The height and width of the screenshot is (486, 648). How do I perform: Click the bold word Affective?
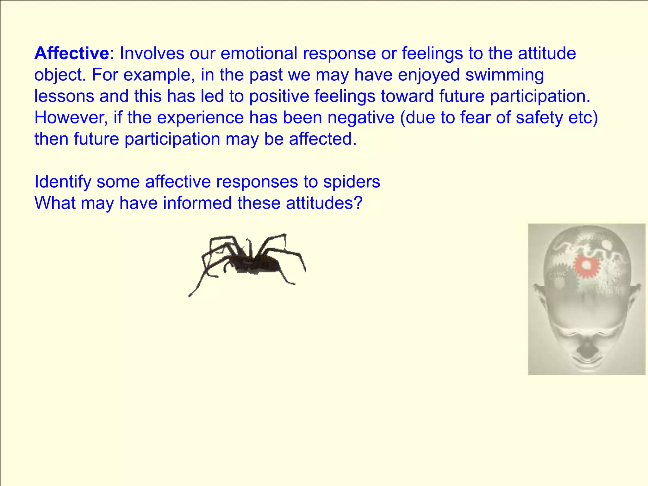pos(72,53)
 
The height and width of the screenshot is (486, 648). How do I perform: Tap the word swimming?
pos(505,75)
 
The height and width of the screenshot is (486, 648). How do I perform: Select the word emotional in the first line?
pos(259,53)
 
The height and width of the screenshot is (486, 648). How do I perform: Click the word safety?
pos(539,118)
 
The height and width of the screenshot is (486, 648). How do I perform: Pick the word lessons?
pos(64,96)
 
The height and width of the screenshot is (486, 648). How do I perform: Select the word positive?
pos(279,96)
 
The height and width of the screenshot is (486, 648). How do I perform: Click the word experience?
pos(200,118)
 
